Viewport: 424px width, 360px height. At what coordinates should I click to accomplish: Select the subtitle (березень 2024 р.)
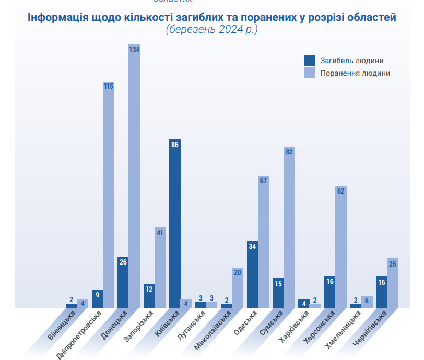tap(211, 30)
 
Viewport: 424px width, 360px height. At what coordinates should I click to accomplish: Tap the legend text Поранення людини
tap(355, 73)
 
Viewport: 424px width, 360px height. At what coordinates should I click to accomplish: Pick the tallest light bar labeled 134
tap(134, 177)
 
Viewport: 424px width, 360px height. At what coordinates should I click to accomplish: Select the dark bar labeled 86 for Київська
tap(175, 224)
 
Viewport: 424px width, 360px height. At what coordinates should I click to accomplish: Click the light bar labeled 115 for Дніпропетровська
tap(109, 196)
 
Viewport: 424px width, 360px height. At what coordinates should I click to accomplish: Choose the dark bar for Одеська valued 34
tap(253, 274)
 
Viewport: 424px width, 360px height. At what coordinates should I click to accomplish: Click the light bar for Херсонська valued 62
tap(341, 247)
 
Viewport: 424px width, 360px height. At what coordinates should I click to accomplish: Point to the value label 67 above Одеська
tap(263, 181)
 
